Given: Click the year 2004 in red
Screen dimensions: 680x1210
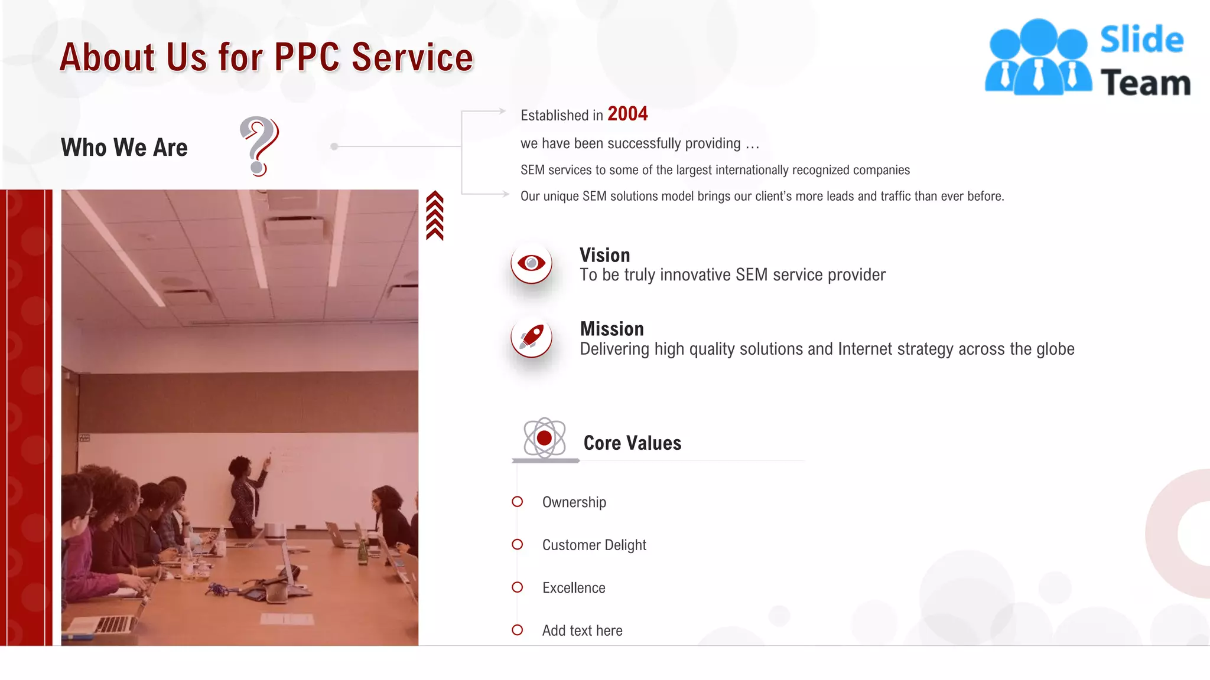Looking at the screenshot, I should (x=627, y=113).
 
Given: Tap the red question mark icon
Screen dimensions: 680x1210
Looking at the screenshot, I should (x=259, y=146).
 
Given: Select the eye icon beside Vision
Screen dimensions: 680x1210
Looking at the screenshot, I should (x=531, y=263).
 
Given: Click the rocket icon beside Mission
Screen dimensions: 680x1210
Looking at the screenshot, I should (x=531, y=337).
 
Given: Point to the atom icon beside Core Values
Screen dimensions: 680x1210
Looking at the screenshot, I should (x=544, y=438).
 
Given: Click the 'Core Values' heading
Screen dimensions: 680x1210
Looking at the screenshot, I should (x=632, y=443).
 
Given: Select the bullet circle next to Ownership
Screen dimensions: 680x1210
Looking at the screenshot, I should (x=518, y=502).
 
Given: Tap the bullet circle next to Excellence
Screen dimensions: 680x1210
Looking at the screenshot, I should (x=518, y=587).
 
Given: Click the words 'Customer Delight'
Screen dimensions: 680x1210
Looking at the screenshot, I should (x=594, y=545).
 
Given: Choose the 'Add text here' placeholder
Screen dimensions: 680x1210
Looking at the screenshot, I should (x=582, y=630).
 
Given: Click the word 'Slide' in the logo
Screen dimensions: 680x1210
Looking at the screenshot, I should (x=1141, y=40).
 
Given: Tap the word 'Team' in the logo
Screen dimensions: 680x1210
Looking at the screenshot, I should (x=1145, y=83).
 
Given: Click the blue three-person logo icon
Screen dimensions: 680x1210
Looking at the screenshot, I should (x=1037, y=57).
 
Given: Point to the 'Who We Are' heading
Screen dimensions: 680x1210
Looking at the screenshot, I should (x=124, y=147).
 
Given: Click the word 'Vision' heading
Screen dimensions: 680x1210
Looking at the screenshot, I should (x=604, y=255).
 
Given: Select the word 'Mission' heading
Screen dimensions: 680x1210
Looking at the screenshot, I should (x=611, y=329).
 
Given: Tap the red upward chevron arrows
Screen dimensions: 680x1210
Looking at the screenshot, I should (x=435, y=215).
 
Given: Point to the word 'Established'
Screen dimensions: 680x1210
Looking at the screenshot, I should (x=554, y=115).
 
